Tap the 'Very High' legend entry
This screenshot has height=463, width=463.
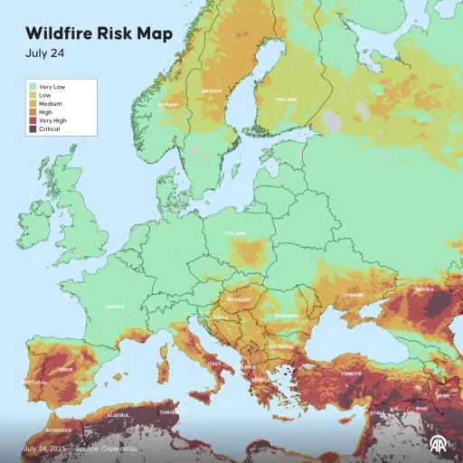pyautogui.click(x=50, y=119)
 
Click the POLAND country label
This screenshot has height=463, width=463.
pyautogui.click(x=236, y=232)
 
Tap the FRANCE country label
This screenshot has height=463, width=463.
pyautogui.click(x=115, y=307)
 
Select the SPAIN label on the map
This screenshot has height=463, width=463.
pyautogui.click(x=66, y=369)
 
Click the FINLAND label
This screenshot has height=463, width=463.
pyautogui.click(x=287, y=99)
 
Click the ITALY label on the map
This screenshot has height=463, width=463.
pyautogui.click(x=215, y=364)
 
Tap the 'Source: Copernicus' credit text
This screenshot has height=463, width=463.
pyautogui.click(x=100, y=449)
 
